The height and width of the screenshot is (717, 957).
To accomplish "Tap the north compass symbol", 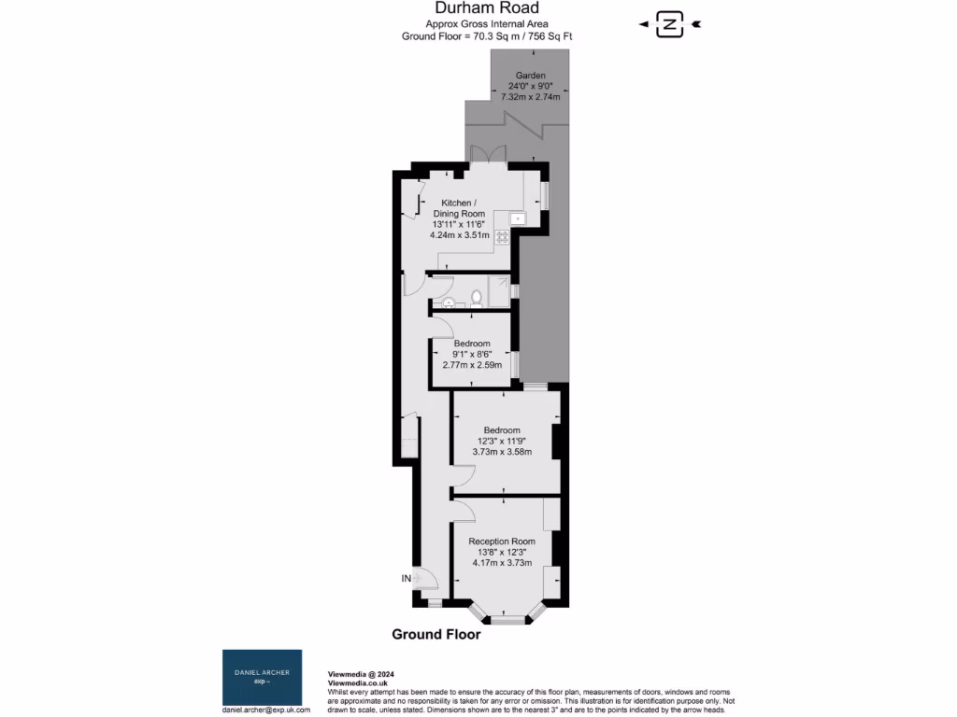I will pos(669,24).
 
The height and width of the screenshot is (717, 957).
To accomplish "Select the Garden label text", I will pos(530,76).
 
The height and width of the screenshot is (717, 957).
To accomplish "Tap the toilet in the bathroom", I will pos(477,299).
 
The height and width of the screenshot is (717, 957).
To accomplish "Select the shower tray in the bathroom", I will pos(499,291).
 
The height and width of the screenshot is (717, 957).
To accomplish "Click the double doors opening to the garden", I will pos(490,156).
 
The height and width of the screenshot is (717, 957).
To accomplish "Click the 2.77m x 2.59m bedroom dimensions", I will pos(472,365).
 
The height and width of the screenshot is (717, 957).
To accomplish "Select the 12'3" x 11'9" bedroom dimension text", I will pos(502,441).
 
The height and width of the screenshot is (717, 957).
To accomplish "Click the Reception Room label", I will pos(502,541).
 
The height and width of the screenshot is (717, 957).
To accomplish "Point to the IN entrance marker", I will pos(407,579).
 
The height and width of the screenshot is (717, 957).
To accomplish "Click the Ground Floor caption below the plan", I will pos(436,635).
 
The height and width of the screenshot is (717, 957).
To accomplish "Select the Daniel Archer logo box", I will pos(262,678).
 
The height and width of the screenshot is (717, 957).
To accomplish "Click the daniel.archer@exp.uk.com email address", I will pos(265,710).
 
